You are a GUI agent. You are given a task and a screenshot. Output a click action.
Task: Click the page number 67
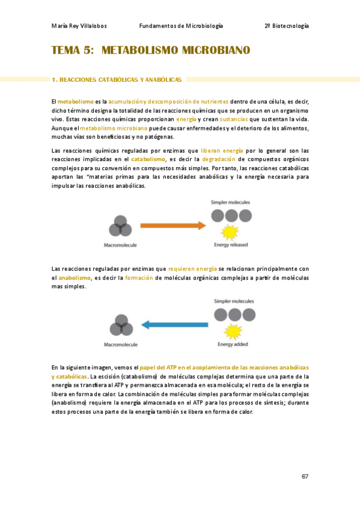click(x=305, y=476)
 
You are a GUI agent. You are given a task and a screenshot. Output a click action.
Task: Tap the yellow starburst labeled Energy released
click(x=229, y=232)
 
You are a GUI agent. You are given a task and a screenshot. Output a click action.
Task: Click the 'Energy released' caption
click(x=231, y=245)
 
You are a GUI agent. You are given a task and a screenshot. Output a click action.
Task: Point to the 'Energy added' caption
click(x=233, y=345)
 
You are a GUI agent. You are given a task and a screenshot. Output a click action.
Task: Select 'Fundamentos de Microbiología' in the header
click(x=181, y=26)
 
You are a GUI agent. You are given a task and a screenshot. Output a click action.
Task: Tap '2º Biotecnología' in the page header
click(x=287, y=26)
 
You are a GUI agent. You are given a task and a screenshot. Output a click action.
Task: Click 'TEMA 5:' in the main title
click(x=73, y=51)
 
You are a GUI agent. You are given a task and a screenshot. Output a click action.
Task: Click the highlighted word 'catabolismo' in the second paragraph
click(x=148, y=159)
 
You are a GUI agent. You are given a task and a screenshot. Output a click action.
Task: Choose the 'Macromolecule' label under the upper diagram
click(x=121, y=245)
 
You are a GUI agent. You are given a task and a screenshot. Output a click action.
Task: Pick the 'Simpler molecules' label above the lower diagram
click(x=234, y=301)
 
